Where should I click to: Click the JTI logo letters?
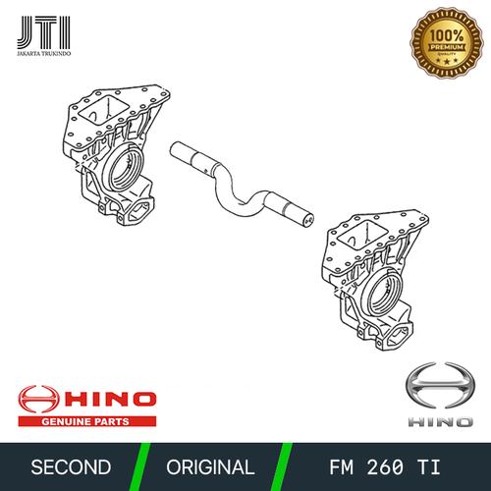click(44, 32)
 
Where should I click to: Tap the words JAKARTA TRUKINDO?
click(44, 53)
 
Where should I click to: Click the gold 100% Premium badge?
click(447, 42)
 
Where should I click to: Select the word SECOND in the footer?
click(71, 467)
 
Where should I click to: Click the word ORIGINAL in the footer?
click(210, 467)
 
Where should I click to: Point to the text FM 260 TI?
click(385, 467)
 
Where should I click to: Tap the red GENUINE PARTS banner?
click(87, 421)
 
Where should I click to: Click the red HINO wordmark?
click(110, 400)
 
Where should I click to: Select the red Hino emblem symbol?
click(39, 400)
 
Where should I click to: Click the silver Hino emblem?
click(440, 387)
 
